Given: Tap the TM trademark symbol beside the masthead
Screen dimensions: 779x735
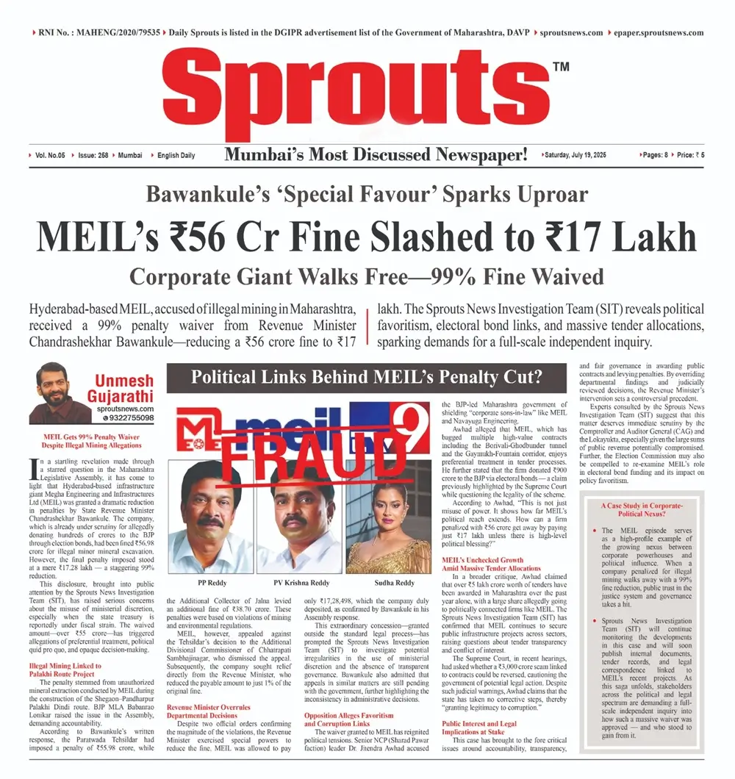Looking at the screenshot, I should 560,67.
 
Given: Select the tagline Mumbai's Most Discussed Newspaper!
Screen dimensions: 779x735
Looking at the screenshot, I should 376,155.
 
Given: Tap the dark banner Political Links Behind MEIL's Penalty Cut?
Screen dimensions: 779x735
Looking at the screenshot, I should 366,378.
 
